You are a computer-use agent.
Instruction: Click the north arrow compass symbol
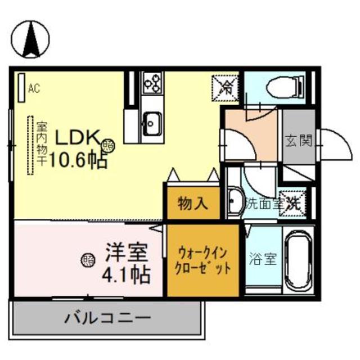tap(31, 39)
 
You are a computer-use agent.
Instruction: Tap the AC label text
tap(34, 88)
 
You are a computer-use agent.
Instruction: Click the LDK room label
tap(76, 138)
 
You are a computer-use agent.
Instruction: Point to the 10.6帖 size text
tap(79, 161)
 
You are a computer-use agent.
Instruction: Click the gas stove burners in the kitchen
tap(152, 83)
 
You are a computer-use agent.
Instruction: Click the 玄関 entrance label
tap(298, 141)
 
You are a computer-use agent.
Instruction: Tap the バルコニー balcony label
tap(107, 318)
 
